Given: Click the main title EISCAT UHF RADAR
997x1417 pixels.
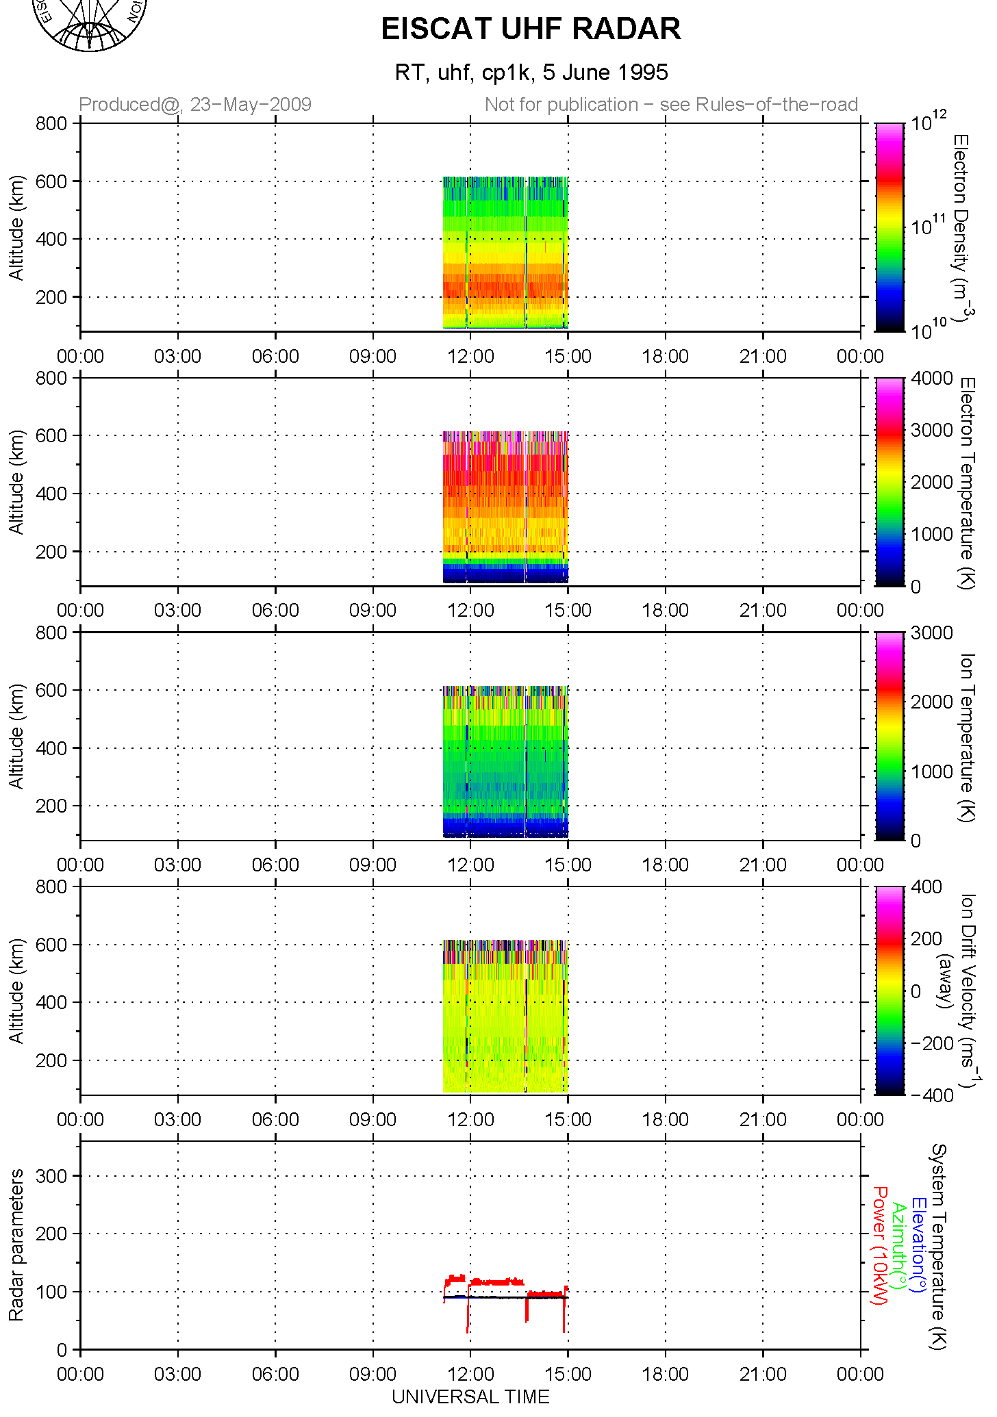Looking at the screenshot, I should click(531, 29).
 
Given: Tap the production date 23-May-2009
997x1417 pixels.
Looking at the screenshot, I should click(251, 105).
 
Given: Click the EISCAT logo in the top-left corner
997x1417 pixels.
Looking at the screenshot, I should click(89, 24).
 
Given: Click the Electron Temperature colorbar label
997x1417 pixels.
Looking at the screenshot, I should click(966, 482).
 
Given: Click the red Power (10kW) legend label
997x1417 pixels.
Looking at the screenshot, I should click(879, 1246).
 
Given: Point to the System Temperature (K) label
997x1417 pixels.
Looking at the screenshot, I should click(937, 1246).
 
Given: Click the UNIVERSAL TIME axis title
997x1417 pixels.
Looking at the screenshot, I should click(470, 1396).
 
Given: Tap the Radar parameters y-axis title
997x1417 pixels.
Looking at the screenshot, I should click(16, 1245).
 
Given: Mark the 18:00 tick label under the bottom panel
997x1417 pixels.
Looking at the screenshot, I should click(665, 1375).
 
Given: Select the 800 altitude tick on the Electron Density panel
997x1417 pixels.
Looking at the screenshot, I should click(52, 124).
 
